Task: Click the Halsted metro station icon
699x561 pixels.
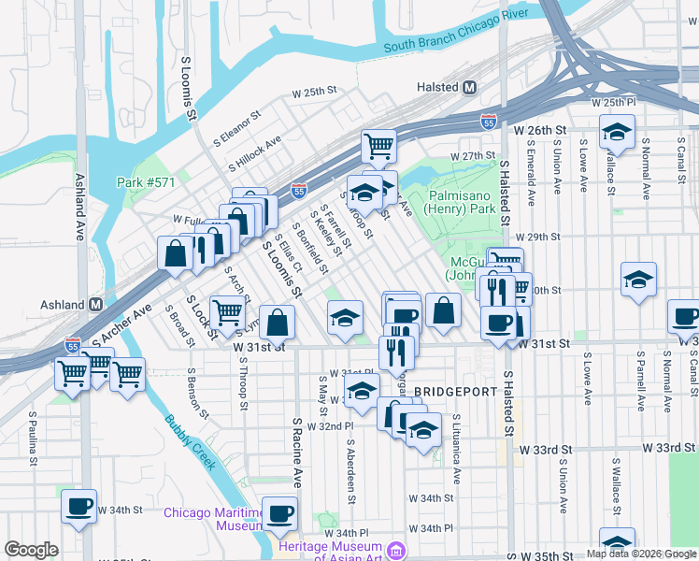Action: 469,87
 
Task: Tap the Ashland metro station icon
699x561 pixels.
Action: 95,305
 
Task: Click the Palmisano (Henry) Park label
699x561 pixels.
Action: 462,203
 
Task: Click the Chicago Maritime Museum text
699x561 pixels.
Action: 212,519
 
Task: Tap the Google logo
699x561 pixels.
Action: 32,550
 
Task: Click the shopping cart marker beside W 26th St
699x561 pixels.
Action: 378,146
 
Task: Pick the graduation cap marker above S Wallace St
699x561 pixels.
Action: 617,132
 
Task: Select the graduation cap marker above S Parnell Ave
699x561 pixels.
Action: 638,279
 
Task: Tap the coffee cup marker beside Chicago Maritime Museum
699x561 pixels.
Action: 279,512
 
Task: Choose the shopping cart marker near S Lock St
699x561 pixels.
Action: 227,311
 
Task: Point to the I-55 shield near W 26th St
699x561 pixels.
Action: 488,122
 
